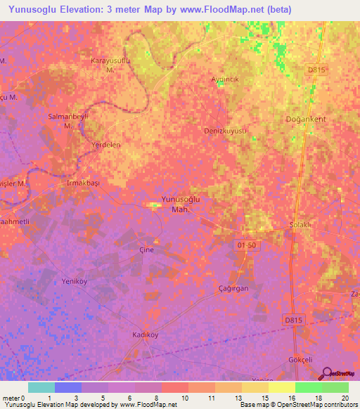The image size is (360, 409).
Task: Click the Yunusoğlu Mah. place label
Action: [181, 204]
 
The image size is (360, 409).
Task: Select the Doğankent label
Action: [307, 119]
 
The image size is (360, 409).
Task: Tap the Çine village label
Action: [146, 249]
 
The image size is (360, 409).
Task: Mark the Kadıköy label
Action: [146, 335]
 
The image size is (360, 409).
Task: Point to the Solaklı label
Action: [300, 225]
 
